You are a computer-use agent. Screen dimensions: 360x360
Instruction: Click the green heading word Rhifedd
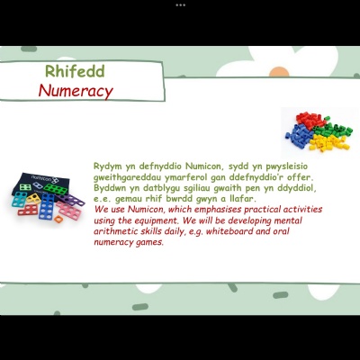point(75,71)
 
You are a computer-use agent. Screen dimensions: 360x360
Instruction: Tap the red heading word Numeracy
point(76,90)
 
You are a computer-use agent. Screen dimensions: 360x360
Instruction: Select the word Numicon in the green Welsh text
point(204,166)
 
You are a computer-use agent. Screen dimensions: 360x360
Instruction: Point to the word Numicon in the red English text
point(146,209)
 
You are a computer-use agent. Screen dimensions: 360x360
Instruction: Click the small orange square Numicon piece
point(58,219)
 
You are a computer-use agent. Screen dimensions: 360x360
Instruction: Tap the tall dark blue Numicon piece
point(47,206)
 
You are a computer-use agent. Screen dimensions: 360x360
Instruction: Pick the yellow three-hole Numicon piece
point(33,198)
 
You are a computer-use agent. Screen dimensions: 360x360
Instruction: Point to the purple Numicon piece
point(71,200)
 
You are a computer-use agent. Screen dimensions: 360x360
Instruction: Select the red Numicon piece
point(28,210)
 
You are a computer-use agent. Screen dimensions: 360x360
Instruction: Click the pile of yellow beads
point(329,143)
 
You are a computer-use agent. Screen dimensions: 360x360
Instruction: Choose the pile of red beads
point(310,120)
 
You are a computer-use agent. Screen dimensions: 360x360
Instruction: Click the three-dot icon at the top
point(180,4)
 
